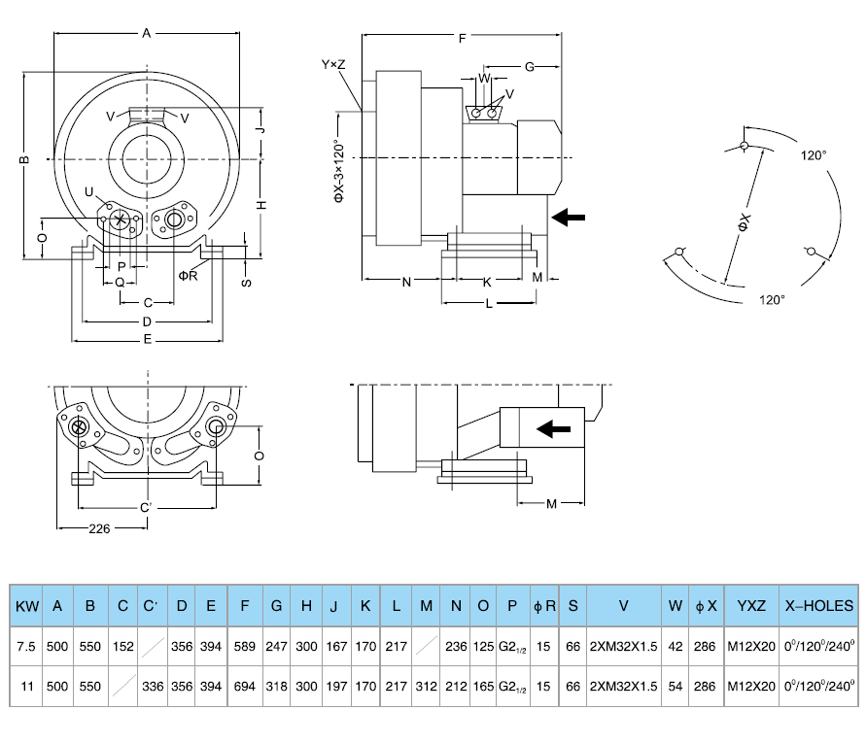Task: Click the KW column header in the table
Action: (x=27, y=606)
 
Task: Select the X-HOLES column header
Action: (x=819, y=606)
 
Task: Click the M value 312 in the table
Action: (x=426, y=686)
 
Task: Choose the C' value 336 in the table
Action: (x=152, y=686)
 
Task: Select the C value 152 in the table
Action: (x=122, y=646)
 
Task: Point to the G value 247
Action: (x=277, y=646)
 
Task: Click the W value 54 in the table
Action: (x=675, y=686)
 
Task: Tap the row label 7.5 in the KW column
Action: (x=27, y=646)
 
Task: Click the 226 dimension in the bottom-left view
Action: (x=98, y=528)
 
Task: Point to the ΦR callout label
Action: (x=189, y=275)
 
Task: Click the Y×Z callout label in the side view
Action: (x=333, y=64)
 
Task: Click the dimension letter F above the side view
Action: (x=463, y=38)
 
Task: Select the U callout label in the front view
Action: (x=89, y=191)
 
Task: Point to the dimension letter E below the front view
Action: (x=147, y=340)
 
